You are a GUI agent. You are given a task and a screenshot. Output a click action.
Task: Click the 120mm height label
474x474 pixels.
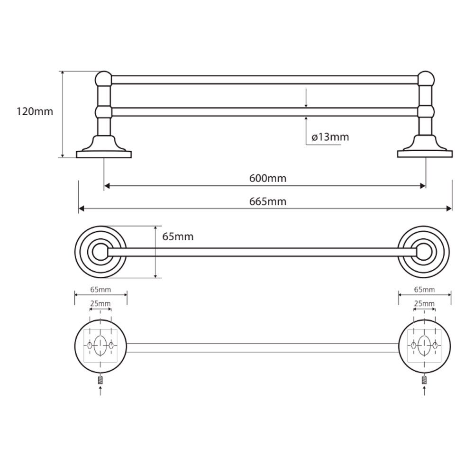pyautogui.click(x=35, y=111)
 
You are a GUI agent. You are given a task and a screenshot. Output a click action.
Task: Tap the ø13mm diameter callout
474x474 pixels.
pyautogui.click(x=330, y=137)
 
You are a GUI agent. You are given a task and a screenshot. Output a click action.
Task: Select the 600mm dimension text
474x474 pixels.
pyautogui.click(x=267, y=178)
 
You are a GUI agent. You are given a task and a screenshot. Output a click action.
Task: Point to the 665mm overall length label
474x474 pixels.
pyautogui.click(x=267, y=201)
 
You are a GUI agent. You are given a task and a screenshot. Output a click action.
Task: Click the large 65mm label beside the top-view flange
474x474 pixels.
pyautogui.click(x=178, y=237)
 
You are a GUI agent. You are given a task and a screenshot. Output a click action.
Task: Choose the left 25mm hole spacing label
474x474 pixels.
pyautogui.click(x=100, y=303)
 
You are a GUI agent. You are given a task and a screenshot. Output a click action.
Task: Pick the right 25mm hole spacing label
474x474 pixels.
pyautogui.click(x=424, y=303)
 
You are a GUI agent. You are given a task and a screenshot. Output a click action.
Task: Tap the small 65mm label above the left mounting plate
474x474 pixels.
pyautogui.click(x=100, y=289)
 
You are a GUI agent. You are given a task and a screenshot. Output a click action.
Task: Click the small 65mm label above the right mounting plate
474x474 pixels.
pyautogui.click(x=424, y=289)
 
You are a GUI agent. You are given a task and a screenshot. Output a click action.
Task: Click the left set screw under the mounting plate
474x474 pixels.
pyautogui.click(x=100, y=380)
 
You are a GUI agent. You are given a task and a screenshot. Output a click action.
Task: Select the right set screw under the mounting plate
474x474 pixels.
pyautogui.click(x=424, y=380)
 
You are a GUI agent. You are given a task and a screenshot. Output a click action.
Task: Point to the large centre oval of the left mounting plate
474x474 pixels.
pyautogui.click(x=100, y=346)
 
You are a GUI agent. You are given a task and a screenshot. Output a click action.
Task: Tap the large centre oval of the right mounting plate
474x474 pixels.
pyautogui.click(x=424, y=346)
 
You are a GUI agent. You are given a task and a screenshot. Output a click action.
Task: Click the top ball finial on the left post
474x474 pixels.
pyautogui.click(x=104, y=79)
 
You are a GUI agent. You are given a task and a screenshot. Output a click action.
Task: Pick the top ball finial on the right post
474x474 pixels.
pyautogui.click(x=426, y=79)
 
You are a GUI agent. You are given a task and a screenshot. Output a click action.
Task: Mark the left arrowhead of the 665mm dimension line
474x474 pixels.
pyautogui.click(x=81, y=208)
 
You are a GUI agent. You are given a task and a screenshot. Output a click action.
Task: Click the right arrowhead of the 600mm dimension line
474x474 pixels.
pyautogui.click(x=423, y=186)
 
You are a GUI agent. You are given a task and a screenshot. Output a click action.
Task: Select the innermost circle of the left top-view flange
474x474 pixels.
pyautogui.click(x=100, y=252)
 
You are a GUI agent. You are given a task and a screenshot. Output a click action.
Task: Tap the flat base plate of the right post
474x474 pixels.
pyautogui.click(x=425, y=154)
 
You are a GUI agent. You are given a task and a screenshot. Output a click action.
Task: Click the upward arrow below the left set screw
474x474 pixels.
pyautogui.click(x=100, y=391)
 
